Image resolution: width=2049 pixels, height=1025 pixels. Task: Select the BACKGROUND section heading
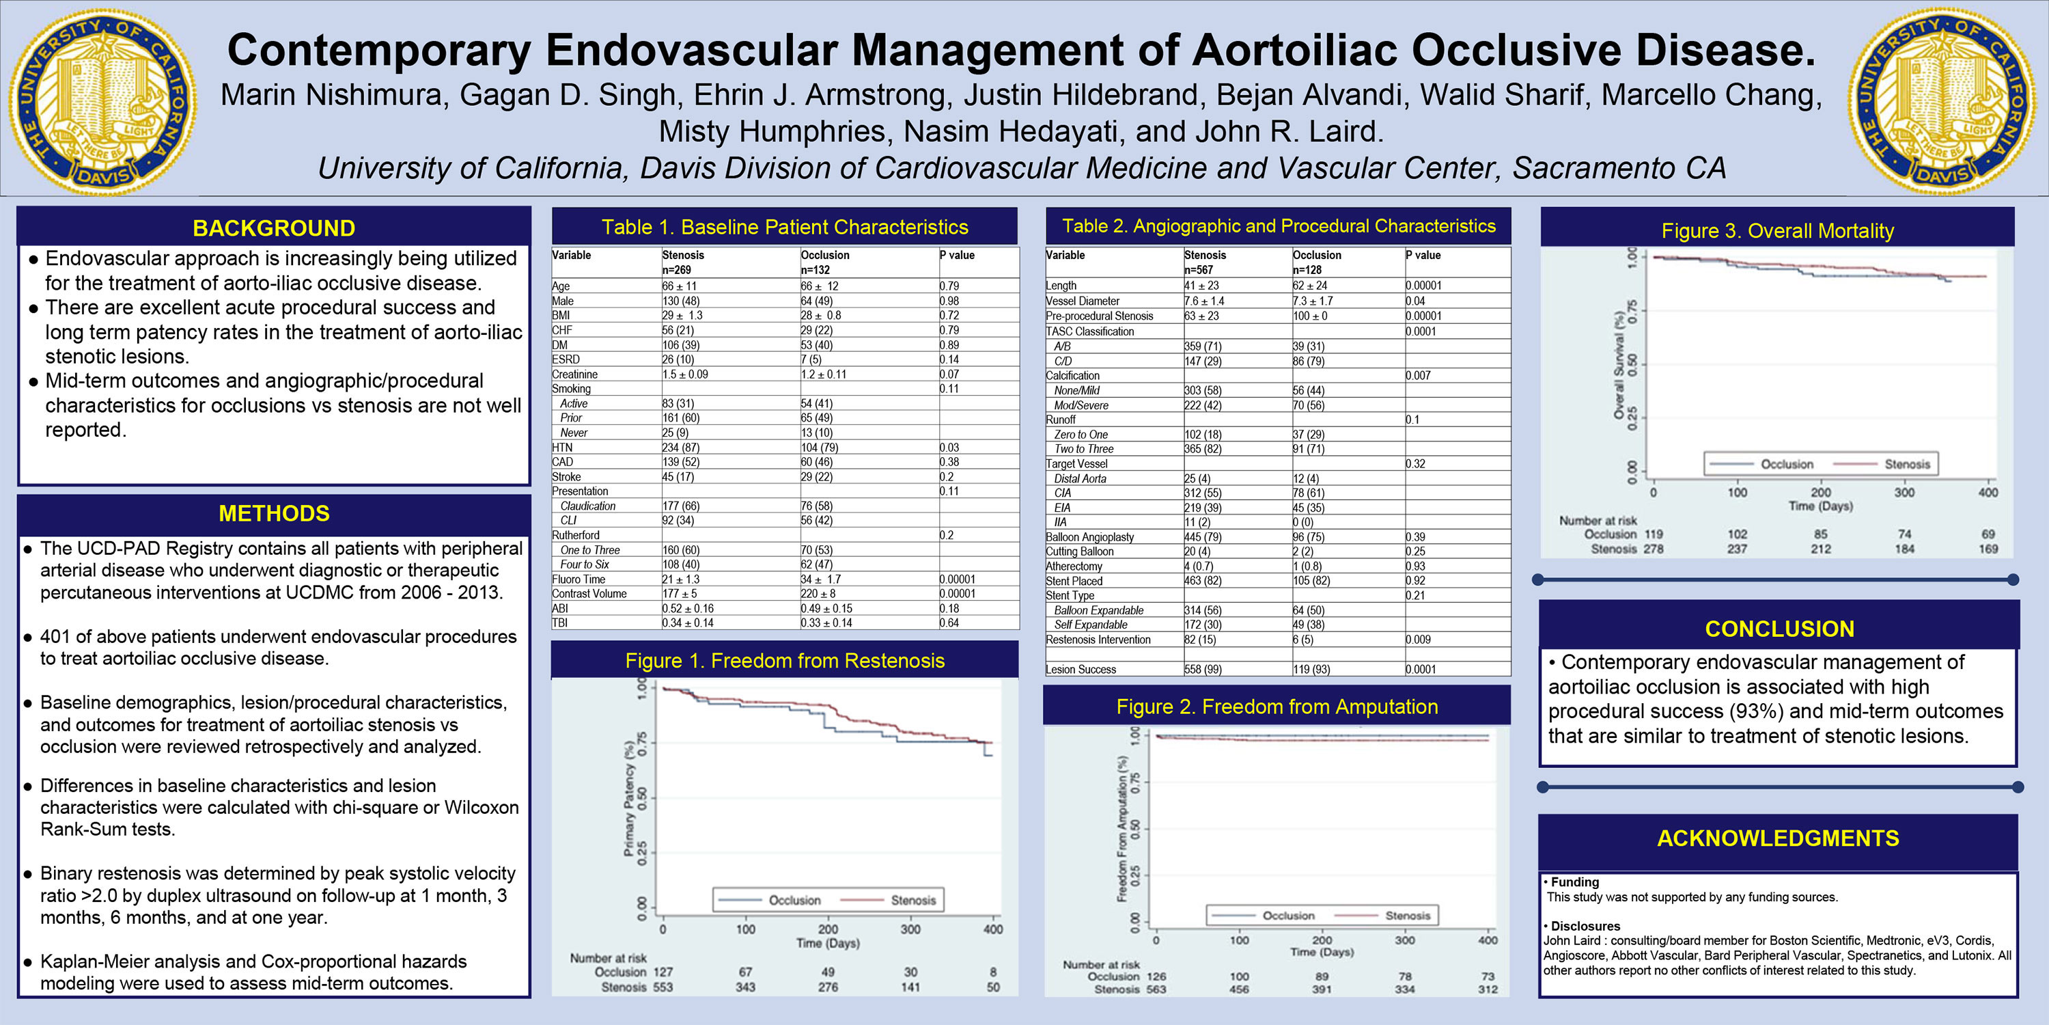click(x=274, y=228)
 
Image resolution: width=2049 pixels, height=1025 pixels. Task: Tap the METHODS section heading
click(x=274, y=513)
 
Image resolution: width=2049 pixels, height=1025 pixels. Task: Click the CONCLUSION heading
click(x=1779, y=629)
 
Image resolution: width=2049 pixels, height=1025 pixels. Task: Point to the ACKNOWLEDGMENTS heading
click(x=1778, y=838)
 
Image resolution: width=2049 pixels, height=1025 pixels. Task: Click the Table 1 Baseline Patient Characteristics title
click(x=784, y=228)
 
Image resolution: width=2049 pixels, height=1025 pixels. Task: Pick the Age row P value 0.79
click(x=949, y=286)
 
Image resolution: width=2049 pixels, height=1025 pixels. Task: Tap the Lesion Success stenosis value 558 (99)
click(x=1203, y=669)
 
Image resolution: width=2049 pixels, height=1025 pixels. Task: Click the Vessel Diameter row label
click(x=1082, y=301)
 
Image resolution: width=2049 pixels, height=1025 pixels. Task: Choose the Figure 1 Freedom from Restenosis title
click(x=784, y=661)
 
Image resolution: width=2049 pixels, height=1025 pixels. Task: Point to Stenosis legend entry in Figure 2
click(x=1407, y=915)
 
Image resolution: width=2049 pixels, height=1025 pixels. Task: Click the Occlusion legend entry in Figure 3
click(x=1787, y=464)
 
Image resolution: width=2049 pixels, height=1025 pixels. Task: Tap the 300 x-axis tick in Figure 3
click(x=1904, y=493)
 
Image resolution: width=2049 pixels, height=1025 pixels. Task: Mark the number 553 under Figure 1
click(x=663, y=987)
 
